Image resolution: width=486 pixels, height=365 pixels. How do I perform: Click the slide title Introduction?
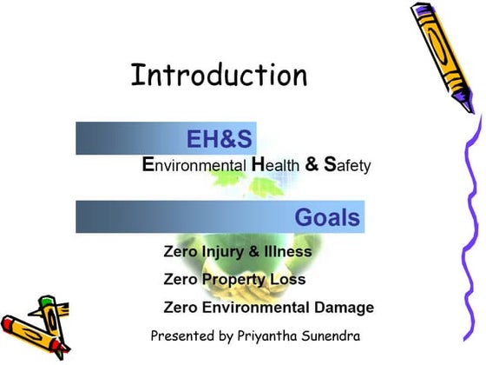coord(219,75)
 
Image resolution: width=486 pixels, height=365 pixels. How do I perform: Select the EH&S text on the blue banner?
coord(220,139)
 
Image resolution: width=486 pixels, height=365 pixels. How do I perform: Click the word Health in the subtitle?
coord(275,164)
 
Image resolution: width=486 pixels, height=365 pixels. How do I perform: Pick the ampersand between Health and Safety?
coord(311,164)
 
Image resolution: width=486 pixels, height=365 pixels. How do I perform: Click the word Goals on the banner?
coord(327,216)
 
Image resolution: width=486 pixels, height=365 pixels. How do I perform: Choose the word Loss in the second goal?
coord(286,280)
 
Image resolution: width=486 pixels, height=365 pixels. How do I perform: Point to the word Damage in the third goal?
coord(345,308)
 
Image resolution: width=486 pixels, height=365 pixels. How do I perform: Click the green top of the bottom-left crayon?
coord(45,303)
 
